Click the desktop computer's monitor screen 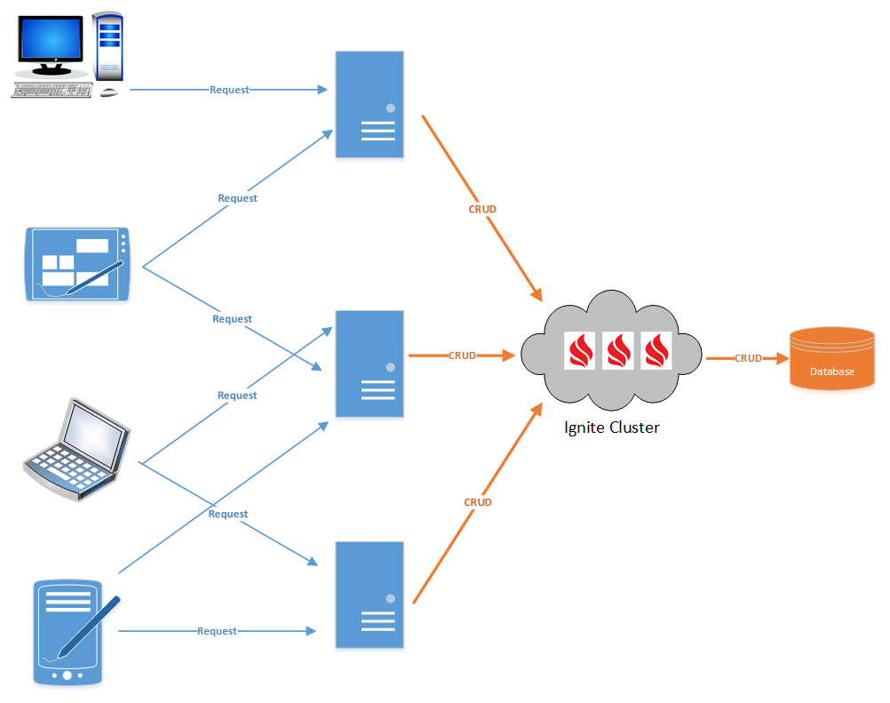click(x=53, y=40)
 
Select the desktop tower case click(x=108, y=44)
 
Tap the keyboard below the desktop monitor click(x=52, y=90)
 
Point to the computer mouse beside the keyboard click(x=109, y=92)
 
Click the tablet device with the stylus click(x=78, y=264)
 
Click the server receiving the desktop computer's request click(x=370, y=105)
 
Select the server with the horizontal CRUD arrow click(x=370, y=364)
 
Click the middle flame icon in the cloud click(x=619, y=351)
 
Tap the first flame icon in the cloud click(x=581, y=351)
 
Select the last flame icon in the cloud click(x=656, y=351)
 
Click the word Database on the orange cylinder click(x=831, y=371)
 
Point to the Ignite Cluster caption click(x=612, y=427)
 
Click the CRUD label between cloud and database click(x=748, y=358)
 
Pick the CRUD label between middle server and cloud click(x=462, y=355)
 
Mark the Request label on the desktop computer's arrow click(x=229, y=90)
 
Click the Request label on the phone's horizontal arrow click(x=218, y=631)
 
